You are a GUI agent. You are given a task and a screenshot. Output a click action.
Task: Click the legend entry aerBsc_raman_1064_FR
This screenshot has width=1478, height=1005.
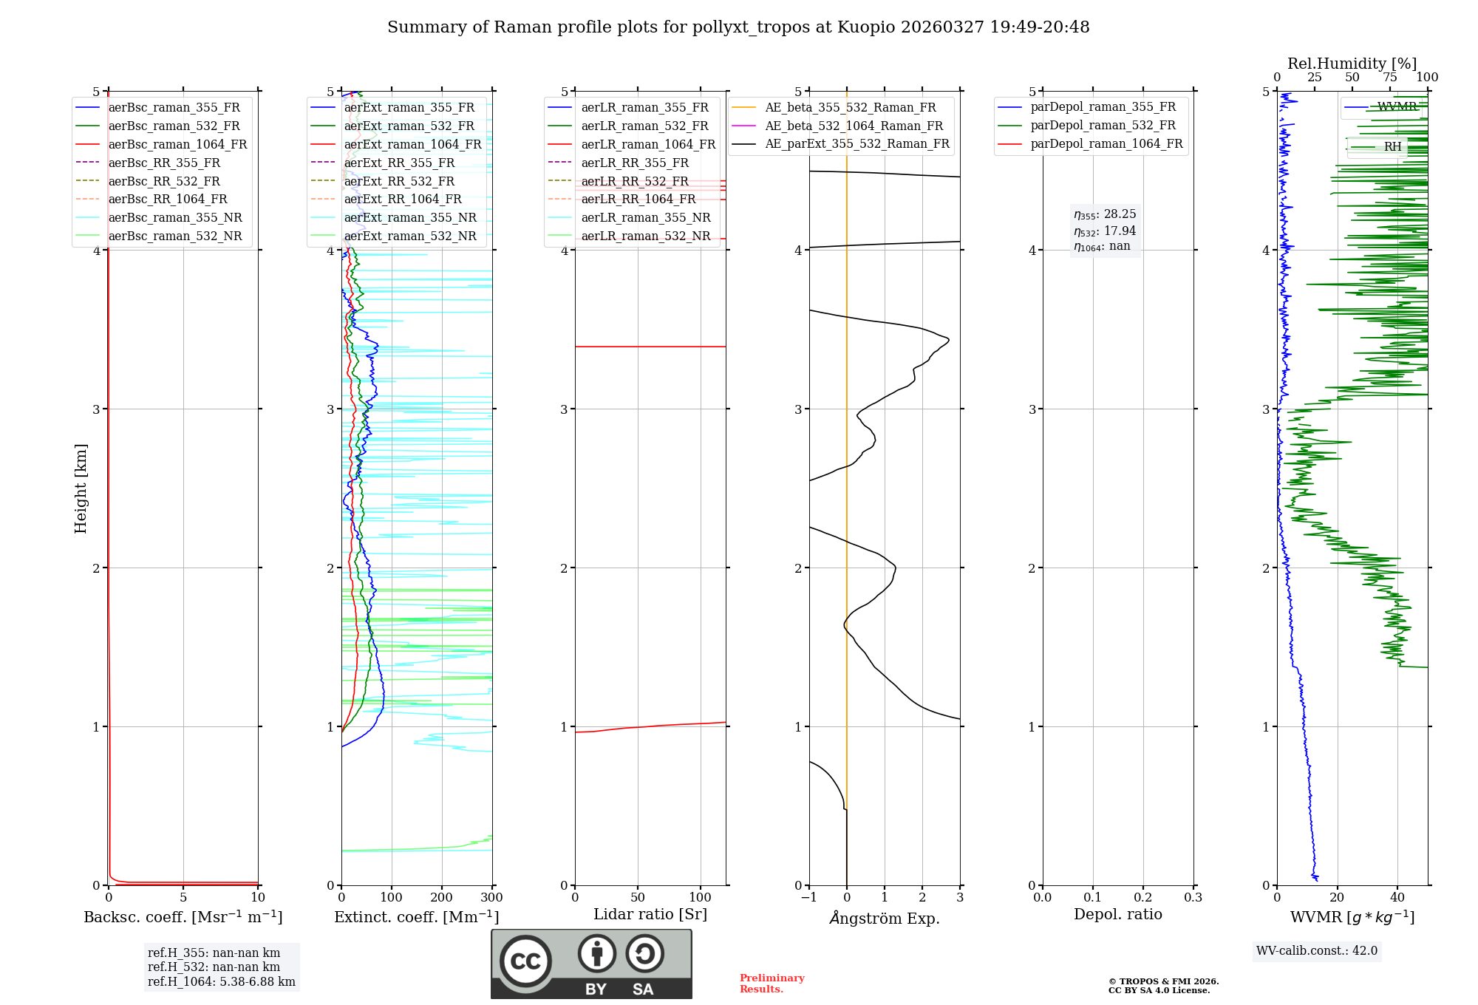click(177, 144)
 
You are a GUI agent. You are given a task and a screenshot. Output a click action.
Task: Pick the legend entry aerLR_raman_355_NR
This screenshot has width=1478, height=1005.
click(645, 217)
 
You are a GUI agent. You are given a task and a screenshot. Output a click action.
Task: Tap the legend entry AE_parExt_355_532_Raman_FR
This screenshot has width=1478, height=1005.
click(857, 143)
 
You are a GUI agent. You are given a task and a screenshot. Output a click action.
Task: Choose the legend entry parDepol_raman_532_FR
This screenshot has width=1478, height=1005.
click(1103, 126)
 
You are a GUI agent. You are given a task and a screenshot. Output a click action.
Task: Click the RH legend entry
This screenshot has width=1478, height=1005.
click(1392, 147)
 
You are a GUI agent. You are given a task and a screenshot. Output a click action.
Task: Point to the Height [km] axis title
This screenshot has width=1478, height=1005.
click(81, 488)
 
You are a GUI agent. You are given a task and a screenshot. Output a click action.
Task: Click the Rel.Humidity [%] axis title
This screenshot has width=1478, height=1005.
click(1352, 64)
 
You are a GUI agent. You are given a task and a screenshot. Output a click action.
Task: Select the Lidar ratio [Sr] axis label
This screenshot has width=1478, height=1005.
click(650, 914)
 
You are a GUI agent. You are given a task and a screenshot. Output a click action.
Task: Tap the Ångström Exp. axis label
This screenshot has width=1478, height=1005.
click(885, 918)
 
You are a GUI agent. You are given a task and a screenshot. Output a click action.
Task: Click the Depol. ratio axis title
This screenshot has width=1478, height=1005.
click(1117, 914)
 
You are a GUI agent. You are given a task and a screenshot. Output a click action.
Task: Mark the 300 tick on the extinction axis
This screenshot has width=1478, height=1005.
click(491, 898)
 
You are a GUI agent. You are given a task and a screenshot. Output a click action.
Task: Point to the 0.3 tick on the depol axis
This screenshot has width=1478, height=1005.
click(1193, 898)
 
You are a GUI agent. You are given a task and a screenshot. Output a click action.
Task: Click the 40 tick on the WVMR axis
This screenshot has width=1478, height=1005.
click(1397, 898)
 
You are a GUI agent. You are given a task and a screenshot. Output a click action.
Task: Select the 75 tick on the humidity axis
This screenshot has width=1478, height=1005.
click(1390, 78)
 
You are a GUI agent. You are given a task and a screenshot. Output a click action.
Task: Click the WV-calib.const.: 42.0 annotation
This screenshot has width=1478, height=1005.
click(1317, 950)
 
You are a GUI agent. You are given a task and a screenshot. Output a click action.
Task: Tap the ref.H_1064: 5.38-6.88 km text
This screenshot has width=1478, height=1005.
click(221, 981)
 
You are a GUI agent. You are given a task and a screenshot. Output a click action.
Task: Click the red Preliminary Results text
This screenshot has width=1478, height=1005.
click(772, 984)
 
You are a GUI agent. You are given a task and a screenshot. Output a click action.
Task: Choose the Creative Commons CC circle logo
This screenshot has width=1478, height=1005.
click(525, 961)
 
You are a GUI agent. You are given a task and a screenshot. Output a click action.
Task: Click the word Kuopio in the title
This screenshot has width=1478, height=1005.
click(864, 27)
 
